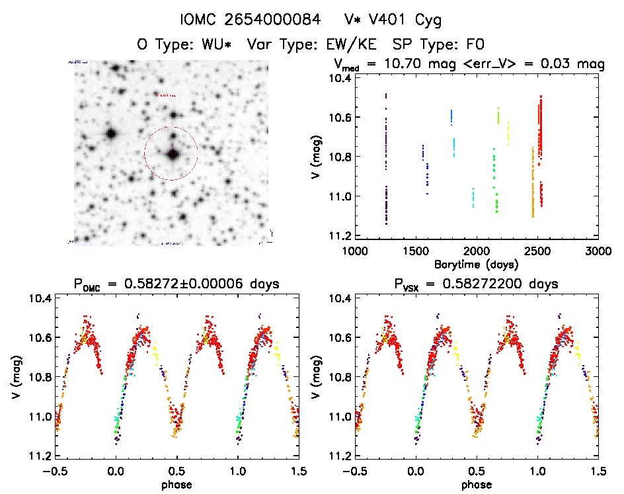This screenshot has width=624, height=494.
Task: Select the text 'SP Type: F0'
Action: (440, 45)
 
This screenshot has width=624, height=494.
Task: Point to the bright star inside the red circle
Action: (173, 154)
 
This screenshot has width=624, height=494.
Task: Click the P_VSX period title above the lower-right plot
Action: (475, 284)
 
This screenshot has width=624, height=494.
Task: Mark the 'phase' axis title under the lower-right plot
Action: (476, 485)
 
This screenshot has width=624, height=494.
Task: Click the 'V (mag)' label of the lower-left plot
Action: (13, 376)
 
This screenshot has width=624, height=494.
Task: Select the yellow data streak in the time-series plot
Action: (508, 133)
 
